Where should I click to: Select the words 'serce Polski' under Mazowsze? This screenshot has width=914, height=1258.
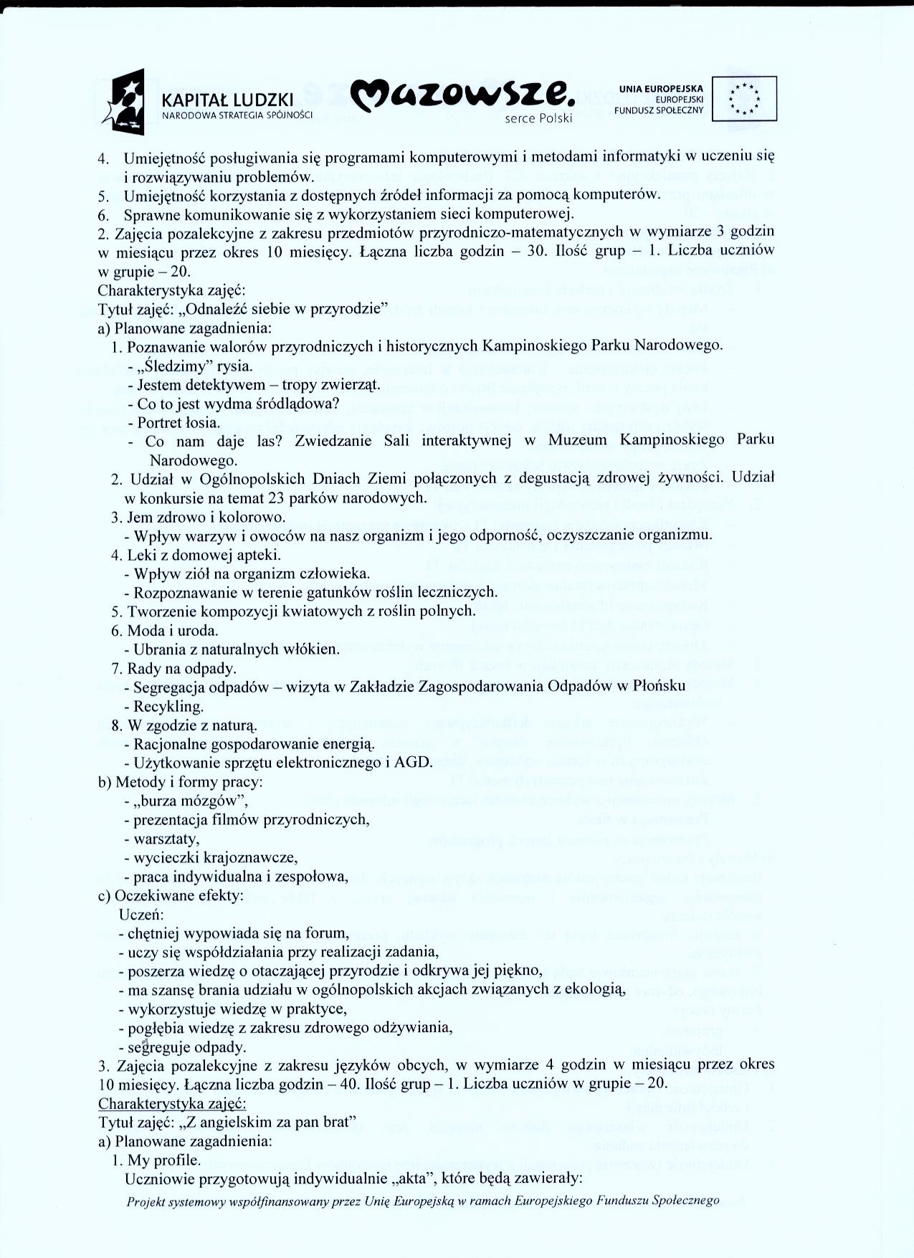point(538,119)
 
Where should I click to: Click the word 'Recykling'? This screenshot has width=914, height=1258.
point(168,706)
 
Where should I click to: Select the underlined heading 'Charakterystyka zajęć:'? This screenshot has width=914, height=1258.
point(172,1102)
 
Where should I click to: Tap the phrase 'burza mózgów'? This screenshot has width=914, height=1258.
point(189,801)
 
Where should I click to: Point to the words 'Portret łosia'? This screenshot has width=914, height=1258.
point(179,422)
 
